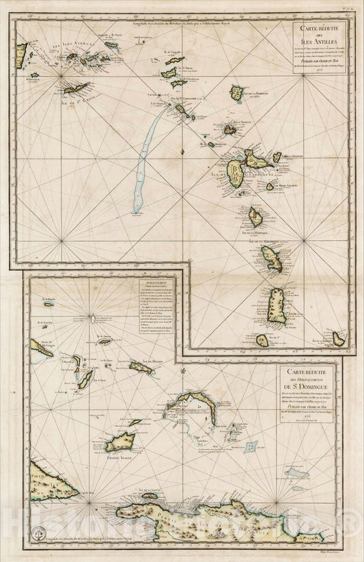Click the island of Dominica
(x=256, y=217)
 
